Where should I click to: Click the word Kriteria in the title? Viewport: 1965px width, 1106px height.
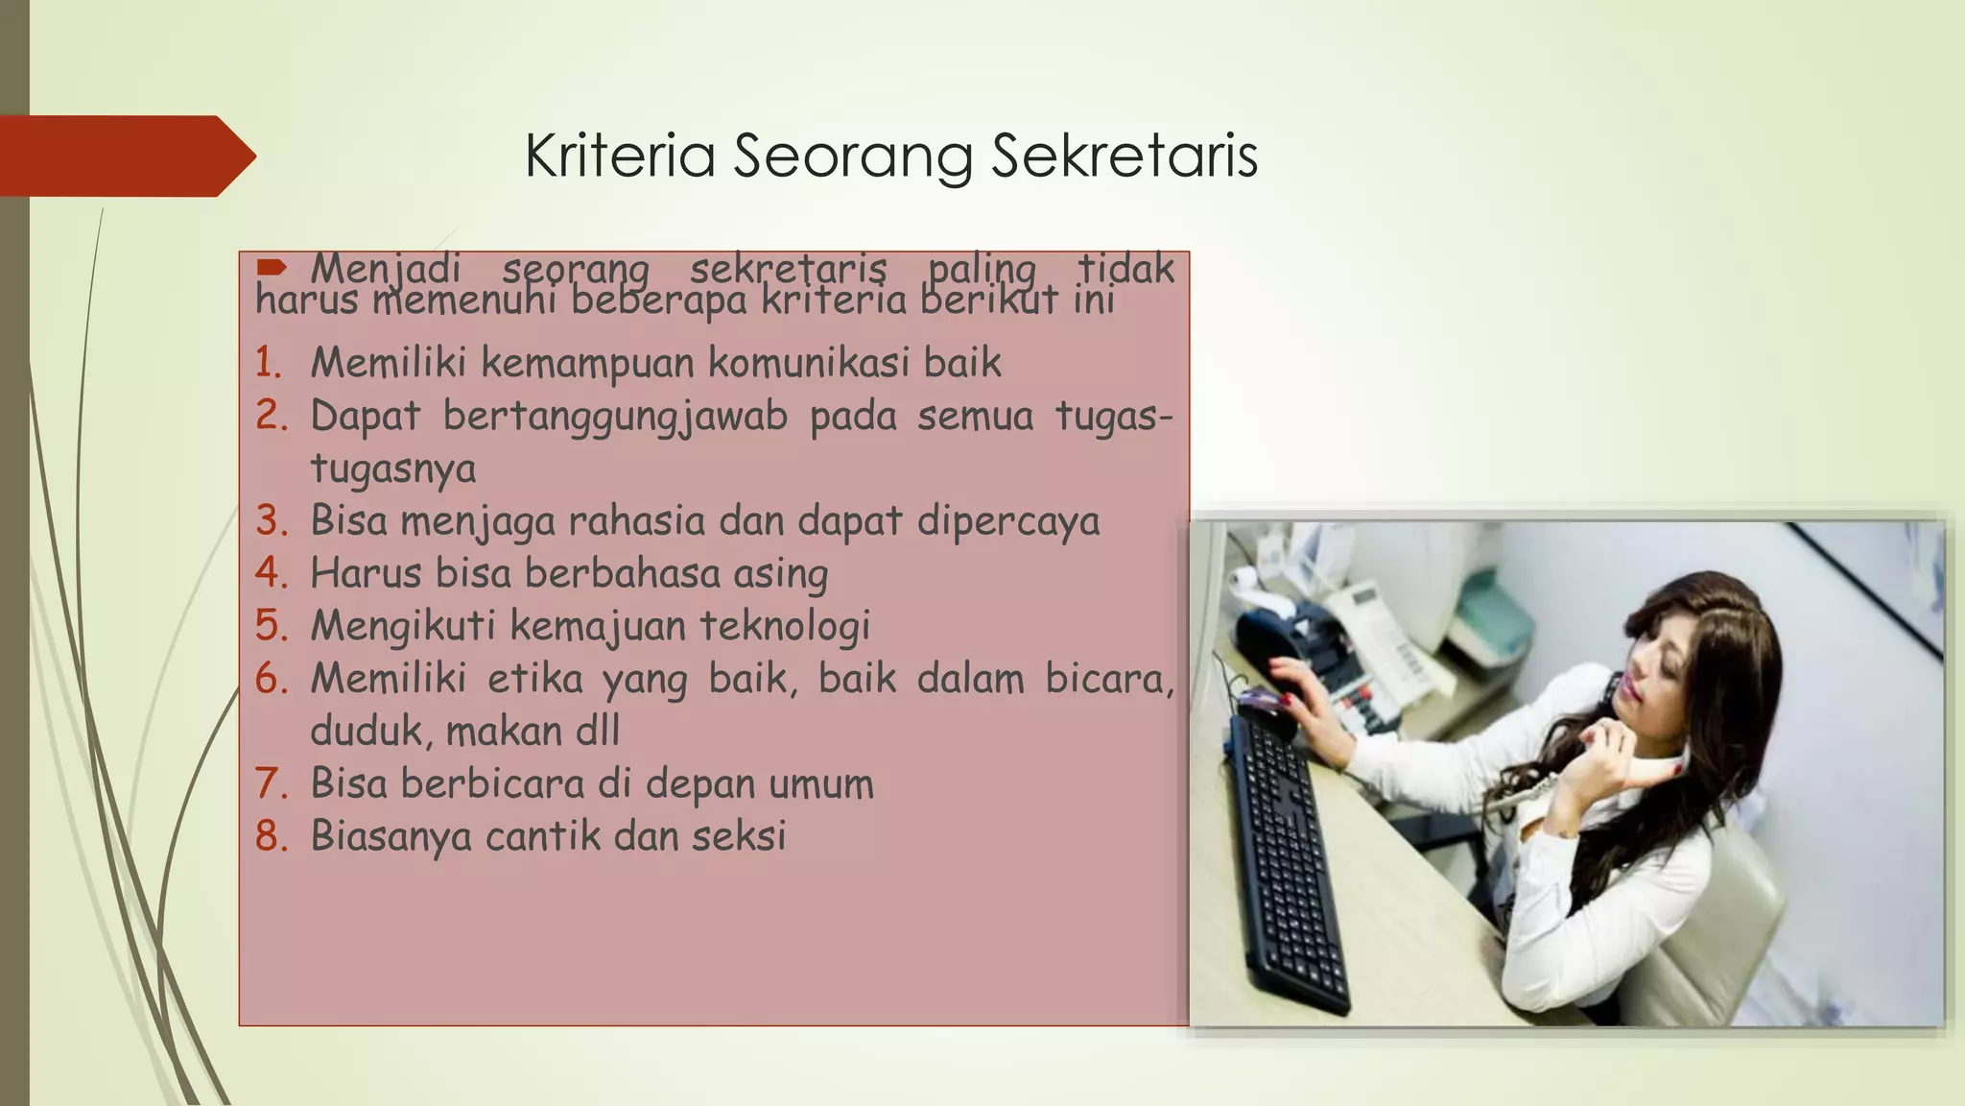pos(620,156)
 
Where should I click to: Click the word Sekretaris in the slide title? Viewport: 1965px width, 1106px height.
pos(1124,156)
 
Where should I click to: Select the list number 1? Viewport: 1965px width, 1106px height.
pos(268,363)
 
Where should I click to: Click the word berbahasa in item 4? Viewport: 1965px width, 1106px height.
pos(622,573)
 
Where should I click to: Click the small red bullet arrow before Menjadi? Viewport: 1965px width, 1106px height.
pos(272,266)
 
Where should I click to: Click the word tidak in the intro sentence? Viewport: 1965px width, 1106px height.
pos(1125,267)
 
